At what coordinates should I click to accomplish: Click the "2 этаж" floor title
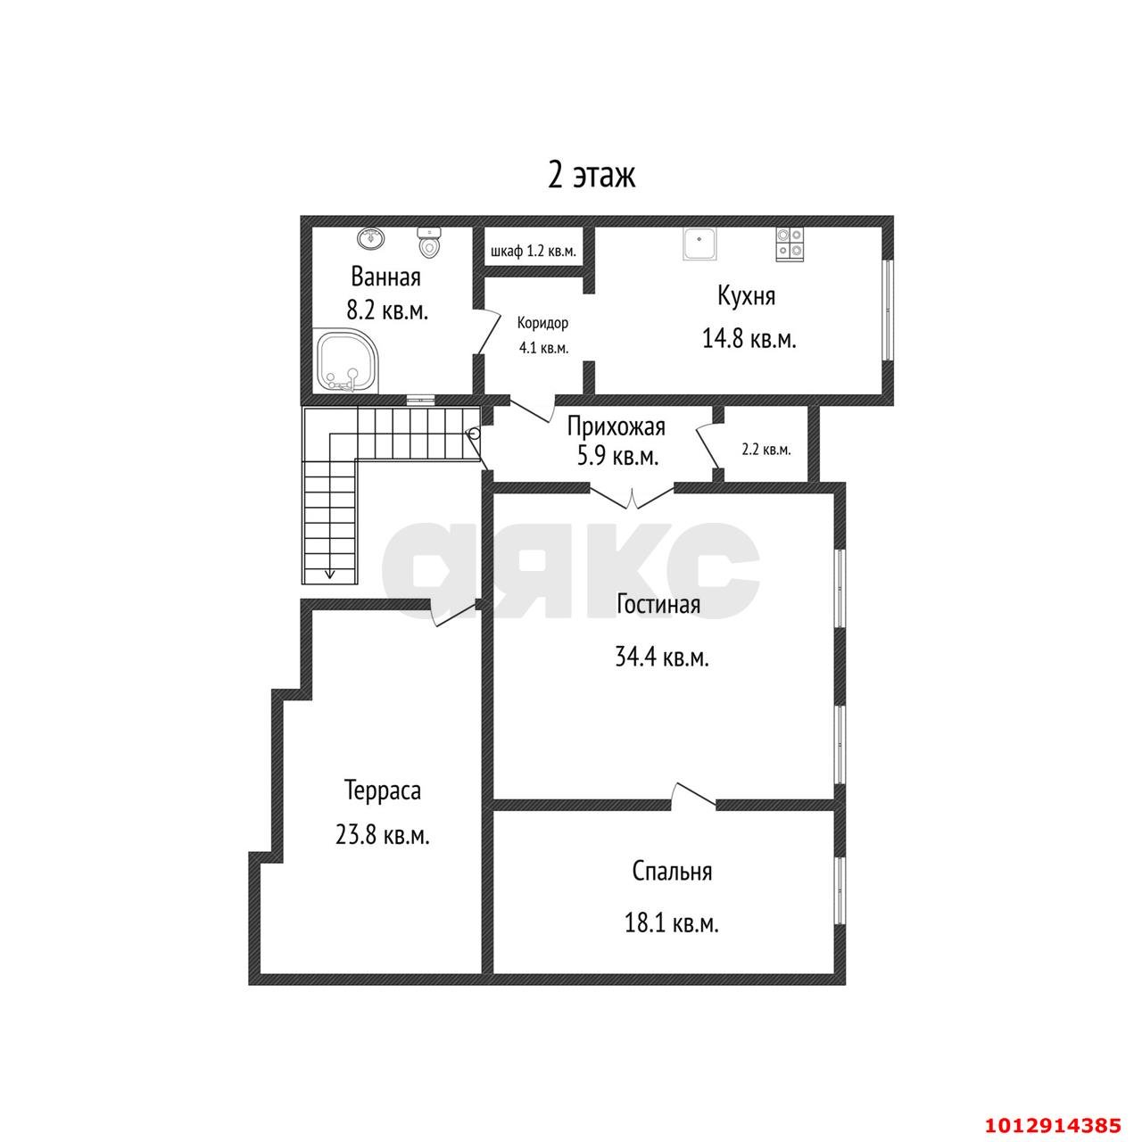click(x=591, y=176)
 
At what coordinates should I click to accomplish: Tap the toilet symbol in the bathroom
click(x=428, y=243)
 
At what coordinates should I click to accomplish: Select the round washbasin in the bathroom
click(x=371, y=237)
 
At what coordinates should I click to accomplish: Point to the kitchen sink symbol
click(x=699, y=244)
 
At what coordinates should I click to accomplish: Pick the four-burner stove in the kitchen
click(x=790, y=244)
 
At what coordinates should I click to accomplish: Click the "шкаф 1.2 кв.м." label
click(x=534, y=252)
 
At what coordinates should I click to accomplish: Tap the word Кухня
click(x=746, y=295)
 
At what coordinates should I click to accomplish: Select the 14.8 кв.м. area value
click(x=749, y=340)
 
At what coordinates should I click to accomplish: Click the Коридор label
click(x=542, y=323)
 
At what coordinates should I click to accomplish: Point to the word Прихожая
click(x=617, y=426)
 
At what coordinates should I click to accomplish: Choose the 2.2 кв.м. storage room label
click(x=766, y=450)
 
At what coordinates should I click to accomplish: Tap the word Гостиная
click(x=658, y=604)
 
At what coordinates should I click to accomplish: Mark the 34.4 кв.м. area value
click(x=662, y=658)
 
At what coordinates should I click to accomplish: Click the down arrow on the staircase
click(x=329, y=573)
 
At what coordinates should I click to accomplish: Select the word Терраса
click(x=382, y=790)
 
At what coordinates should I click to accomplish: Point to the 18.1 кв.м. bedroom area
click(x=672, y=923)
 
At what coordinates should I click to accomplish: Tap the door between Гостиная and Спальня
click(x=693, y=795)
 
